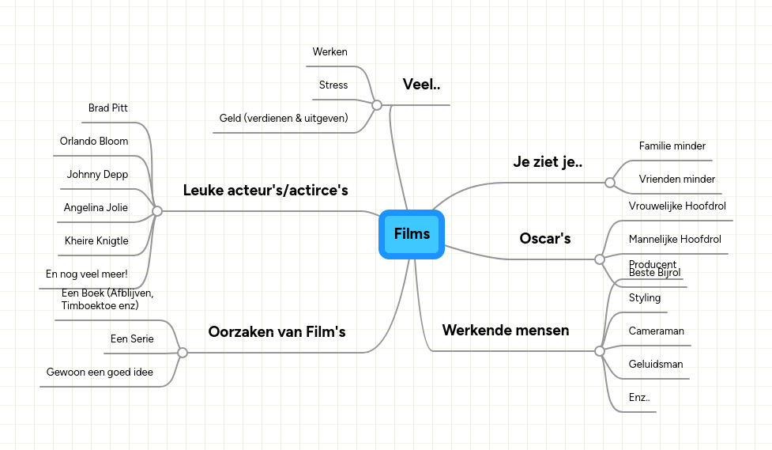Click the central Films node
pos(412,234)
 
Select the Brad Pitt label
pos(108,108)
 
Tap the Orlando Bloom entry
pos(94,142)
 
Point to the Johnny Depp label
pos(97,175)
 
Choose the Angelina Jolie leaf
pos(96,208)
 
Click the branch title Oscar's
pos(545,238)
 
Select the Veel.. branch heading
pos(422,85)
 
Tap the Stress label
pos(333,85)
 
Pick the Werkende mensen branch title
pos(506,330)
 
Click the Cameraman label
pos(657,331)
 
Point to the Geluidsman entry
pos(656,365)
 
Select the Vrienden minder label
pos(677,180)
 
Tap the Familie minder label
pos(672,146)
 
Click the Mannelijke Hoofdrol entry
pos(675,239)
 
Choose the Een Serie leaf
pos(132,339)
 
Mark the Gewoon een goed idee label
pos(100,372)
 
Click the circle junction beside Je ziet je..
pos(610,183)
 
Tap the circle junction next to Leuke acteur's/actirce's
pos(157,211)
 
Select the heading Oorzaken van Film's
pos(277,332)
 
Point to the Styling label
pos(645,298)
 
